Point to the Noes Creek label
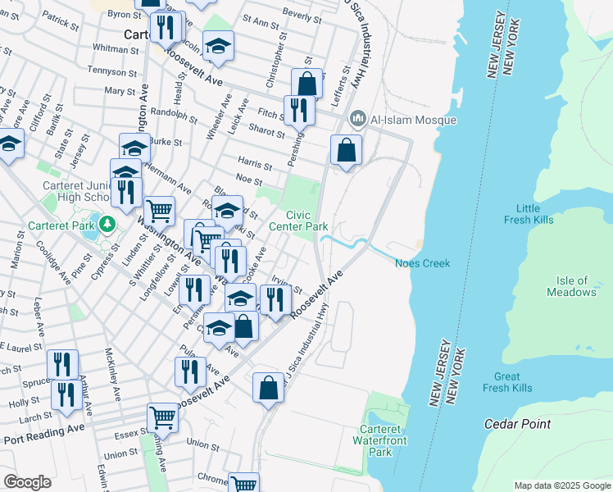point(422,262)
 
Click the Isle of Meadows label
point(571,286)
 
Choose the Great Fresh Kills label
point(507,382)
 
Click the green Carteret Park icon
point(106,223)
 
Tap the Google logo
point(28,482)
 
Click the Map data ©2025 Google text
point(561,485)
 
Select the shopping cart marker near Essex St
point(163,417)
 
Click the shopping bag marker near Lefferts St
point(306,83)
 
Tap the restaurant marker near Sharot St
point(297,109)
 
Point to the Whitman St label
point(116,49)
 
